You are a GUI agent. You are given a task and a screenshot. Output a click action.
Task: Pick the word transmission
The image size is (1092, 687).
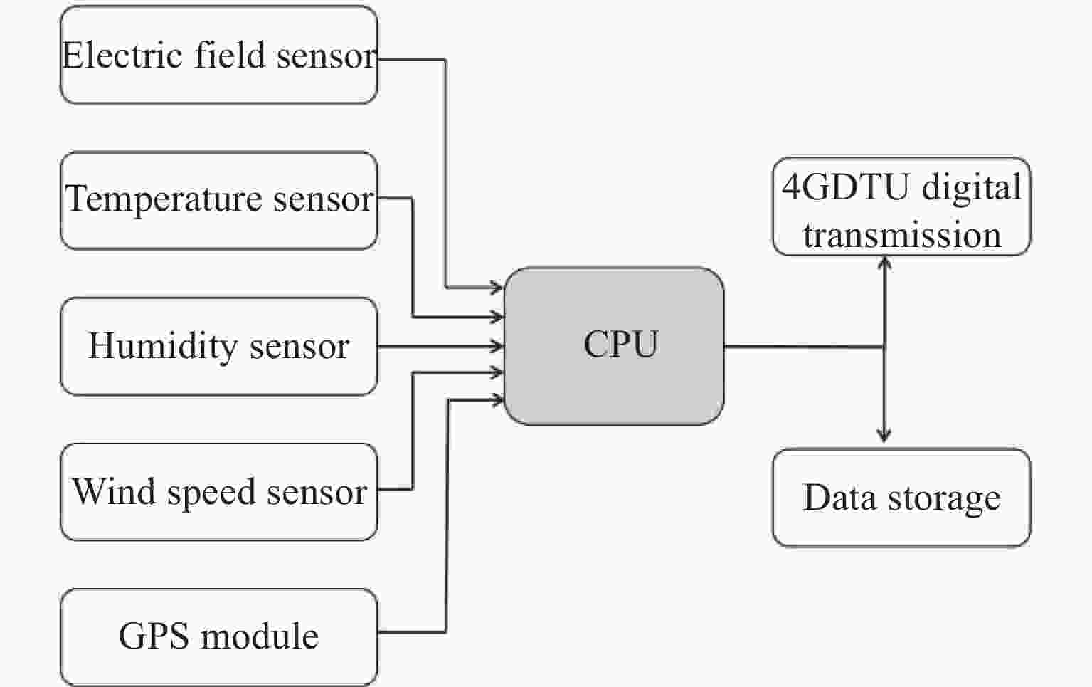(x=901, y=235)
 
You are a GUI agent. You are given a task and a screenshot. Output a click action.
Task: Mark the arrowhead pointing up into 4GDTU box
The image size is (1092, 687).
(x=884, y=263)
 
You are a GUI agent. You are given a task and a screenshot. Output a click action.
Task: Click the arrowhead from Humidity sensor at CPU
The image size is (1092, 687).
(x=497, y=347)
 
